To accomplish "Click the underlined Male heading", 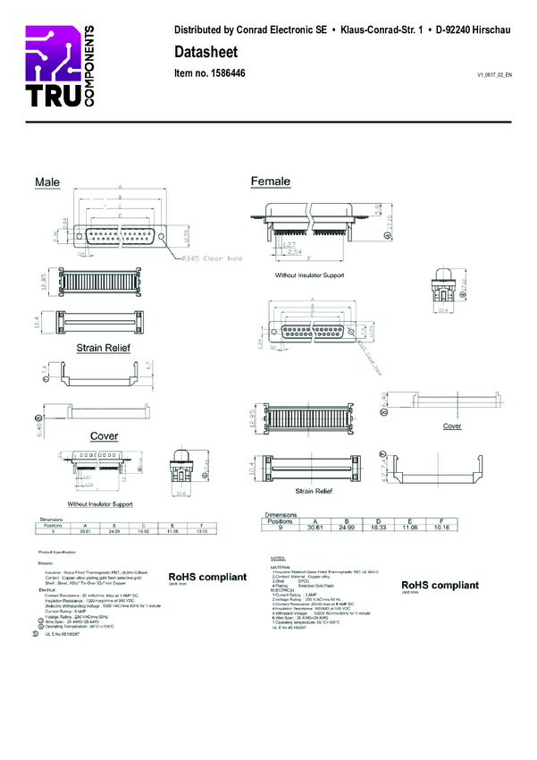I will (x=47, y=182).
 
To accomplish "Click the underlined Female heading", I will (x=271, y=182).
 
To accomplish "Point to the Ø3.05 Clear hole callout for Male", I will (x=212, y=258).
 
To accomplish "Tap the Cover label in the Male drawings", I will (x=104, y=435).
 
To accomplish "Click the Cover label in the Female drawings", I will (x=453, y=426).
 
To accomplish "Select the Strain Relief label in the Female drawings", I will (x=311, y=491).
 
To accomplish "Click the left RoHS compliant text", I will (x=207, y=578).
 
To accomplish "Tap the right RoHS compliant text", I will (x=439, y=585).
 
